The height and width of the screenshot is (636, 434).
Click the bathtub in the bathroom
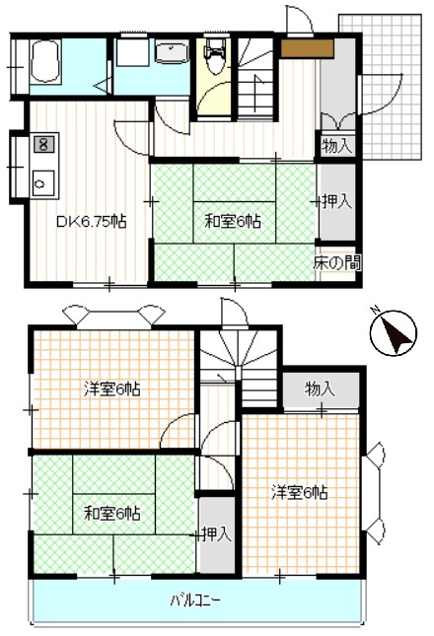tap(45, 62)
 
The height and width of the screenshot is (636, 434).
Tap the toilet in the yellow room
tap(215, 57)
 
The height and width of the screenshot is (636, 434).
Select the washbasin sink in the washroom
tap(173, 51)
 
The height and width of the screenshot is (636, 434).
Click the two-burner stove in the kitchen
tap(43, 144)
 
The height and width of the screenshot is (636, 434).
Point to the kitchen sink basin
tap(43, 183)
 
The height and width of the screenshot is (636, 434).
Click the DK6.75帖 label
tap(92, 222)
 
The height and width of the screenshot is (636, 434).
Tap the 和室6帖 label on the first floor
tap(233, 222)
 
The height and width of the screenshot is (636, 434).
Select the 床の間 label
tap(336, 263)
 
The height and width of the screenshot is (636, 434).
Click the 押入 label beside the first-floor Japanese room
tap(337, 201)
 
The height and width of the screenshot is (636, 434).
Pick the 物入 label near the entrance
tap(336, 146)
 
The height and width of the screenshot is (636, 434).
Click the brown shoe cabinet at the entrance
tap(307, 49)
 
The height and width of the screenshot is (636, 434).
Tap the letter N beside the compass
tap(375, 311)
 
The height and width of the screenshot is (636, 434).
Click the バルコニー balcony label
tap(195, 600)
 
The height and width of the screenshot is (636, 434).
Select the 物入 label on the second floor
tap(320, 389)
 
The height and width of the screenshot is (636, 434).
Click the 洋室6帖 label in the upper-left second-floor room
tap(112, 389)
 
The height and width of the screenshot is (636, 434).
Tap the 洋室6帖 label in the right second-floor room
tap(299, 493)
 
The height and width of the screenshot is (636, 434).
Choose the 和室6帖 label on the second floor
tap(112, 514)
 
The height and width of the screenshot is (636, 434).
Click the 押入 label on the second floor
tap(217, 535)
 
